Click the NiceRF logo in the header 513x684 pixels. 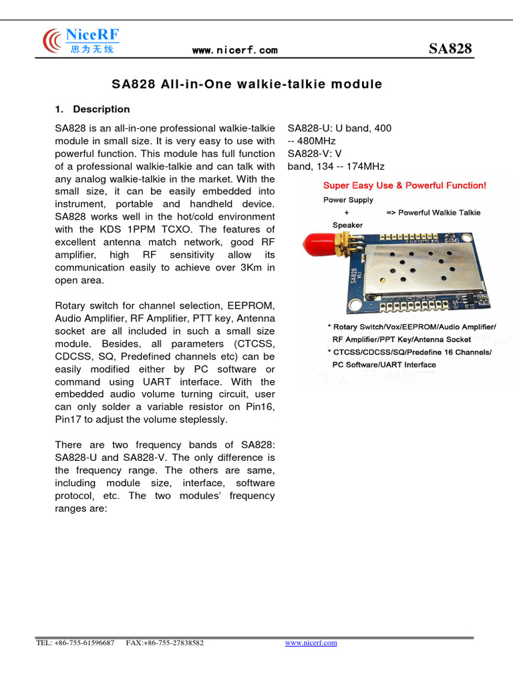pyautogui.click(x=80, y=41)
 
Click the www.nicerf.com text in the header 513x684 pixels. pyautogui.click(x=234, y=50)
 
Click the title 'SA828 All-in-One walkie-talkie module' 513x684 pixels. pyautogui.click(x=246, y=84)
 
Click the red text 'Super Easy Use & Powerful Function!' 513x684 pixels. pyautogui.click(x=405, y=185)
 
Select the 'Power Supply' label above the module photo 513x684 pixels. pyautogui.click(x=348, y=200)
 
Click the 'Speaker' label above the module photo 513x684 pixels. pyautogui.click(x=347, y=225)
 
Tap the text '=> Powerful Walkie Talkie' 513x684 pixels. pyautogui.click(x=433, y=212)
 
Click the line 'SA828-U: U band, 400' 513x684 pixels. pyautogui.click(x=339, y=128)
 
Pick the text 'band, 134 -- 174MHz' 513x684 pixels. pyautogui.click(x=335, y=166)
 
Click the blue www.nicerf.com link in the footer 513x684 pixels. pyautogui.click(x=311, y=643)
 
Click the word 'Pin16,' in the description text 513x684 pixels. pyautogui.click(x=259, y=407)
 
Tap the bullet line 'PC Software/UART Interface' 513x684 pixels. pyautogui.click(x=384, y=365)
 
